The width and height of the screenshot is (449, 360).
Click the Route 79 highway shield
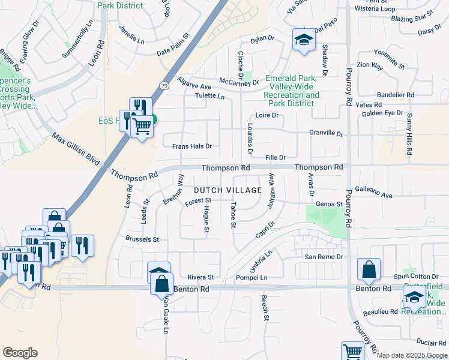(x=164, y=86)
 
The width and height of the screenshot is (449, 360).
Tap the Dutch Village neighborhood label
(x=228, y=190)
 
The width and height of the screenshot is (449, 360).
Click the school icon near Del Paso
(x=304, y=40)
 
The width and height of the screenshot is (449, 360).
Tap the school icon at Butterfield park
(x=414, y=297)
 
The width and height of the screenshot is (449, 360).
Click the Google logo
(x=20, y=353)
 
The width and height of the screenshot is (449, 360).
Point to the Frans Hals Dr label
(x=192, y=146)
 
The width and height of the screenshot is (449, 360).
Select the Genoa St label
(x=329, y=204)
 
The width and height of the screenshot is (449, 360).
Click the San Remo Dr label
(x=323, y=257)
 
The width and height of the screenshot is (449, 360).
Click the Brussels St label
(x=142, y=239)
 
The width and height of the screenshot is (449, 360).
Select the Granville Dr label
(x=325, y=134)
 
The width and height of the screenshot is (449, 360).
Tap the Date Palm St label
(x=173, y=53)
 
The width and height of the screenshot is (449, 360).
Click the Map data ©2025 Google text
(x=412, y=355)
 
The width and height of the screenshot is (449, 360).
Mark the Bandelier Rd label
(x=395, y=95)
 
